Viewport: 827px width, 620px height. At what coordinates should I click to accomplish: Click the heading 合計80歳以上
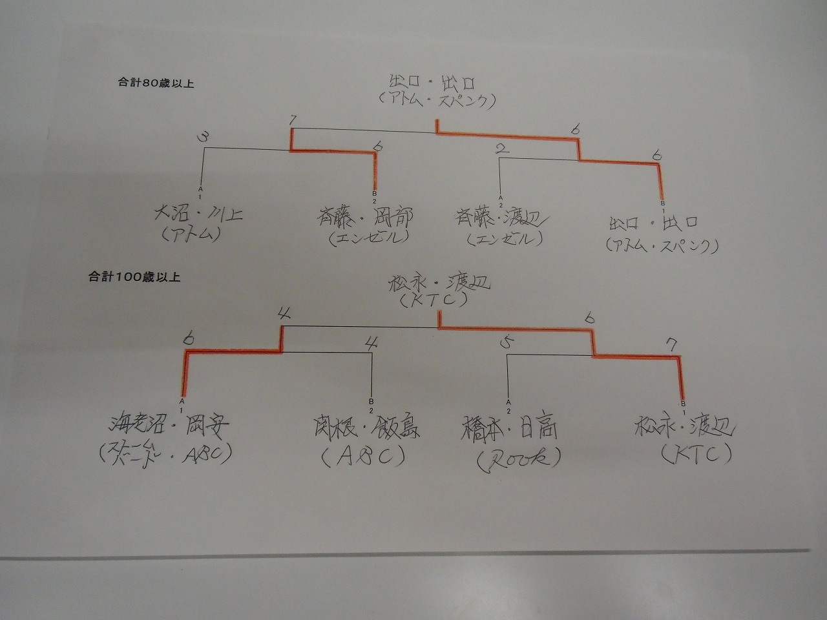156,84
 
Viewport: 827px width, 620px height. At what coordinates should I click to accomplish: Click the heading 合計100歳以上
134,278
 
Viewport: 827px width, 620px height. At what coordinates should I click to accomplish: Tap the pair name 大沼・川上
197,214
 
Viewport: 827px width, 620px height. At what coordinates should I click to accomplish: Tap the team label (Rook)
518,458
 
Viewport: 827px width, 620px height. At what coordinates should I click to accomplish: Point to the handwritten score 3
204,138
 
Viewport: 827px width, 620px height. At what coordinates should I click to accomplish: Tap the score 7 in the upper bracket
293,121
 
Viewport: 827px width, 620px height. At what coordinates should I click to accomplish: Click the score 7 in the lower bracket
673,345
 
